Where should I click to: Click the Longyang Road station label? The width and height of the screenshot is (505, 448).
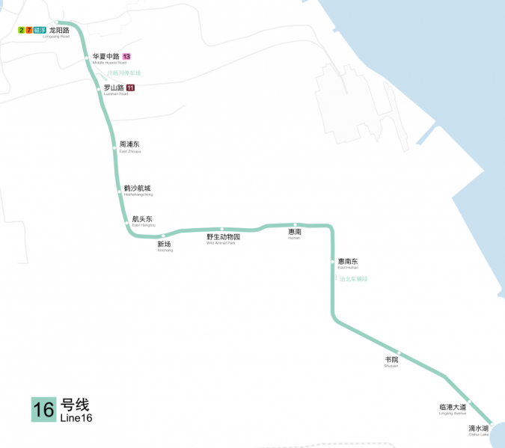59,30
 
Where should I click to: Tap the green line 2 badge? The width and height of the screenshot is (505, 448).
21,30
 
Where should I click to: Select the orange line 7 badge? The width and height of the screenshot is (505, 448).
29,30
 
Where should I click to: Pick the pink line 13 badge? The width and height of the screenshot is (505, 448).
127,57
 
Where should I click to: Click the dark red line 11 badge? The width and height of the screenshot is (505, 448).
131,88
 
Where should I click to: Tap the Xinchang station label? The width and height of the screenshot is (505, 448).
165,245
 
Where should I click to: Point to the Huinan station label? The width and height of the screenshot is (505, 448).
295,233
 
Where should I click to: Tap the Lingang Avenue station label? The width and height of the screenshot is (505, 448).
453,408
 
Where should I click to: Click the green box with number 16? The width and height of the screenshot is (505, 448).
43,409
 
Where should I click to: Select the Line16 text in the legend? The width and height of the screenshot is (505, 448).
76,417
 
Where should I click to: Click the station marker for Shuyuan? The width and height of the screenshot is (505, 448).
400,353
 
